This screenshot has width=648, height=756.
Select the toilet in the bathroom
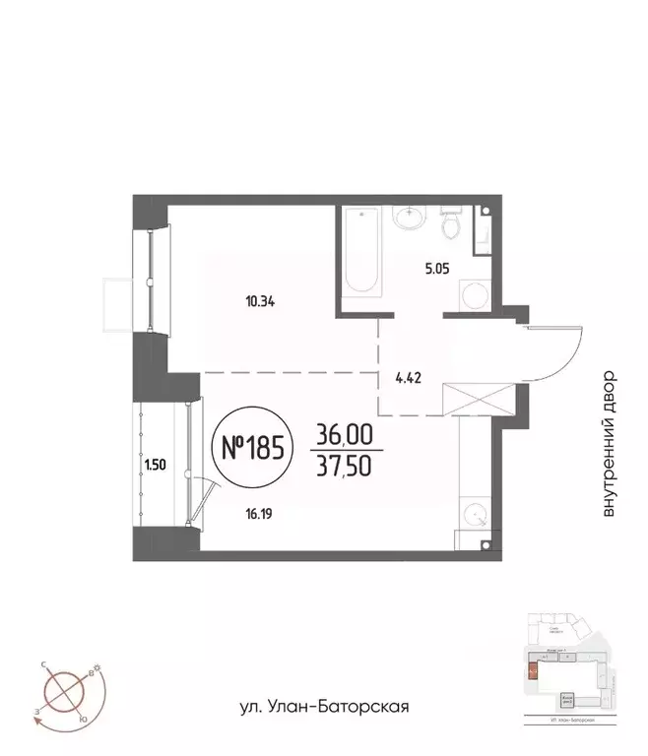(x=451, y=224)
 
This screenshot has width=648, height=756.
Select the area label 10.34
(x=259, y=301)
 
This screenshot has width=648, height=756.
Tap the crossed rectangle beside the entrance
(x=478, y=400)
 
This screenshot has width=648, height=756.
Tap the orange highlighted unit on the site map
(x=534, y=672)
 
